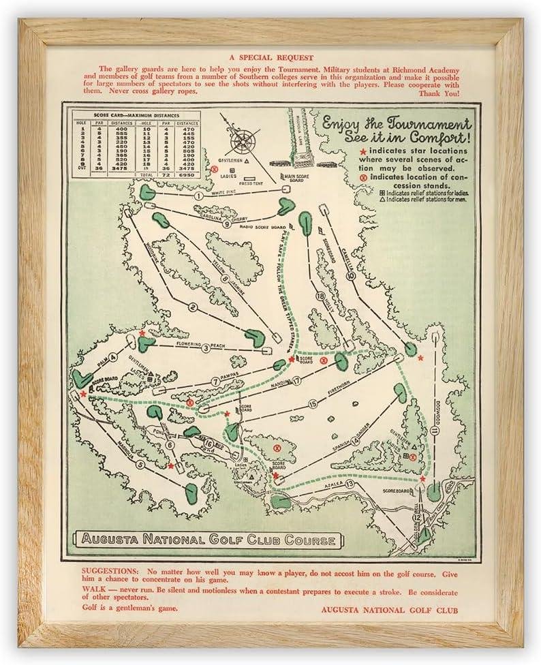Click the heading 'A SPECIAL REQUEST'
coord(270,58)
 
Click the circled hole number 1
coord(198,196)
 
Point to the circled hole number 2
coord(193,307)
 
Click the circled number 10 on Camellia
coord(350,277)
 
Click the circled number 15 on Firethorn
coord(313,404)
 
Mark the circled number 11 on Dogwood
coord(434,431)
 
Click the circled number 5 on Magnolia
coord(140,465)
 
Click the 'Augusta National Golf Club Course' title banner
coord(208,541)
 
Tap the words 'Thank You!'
coord(440,93)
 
